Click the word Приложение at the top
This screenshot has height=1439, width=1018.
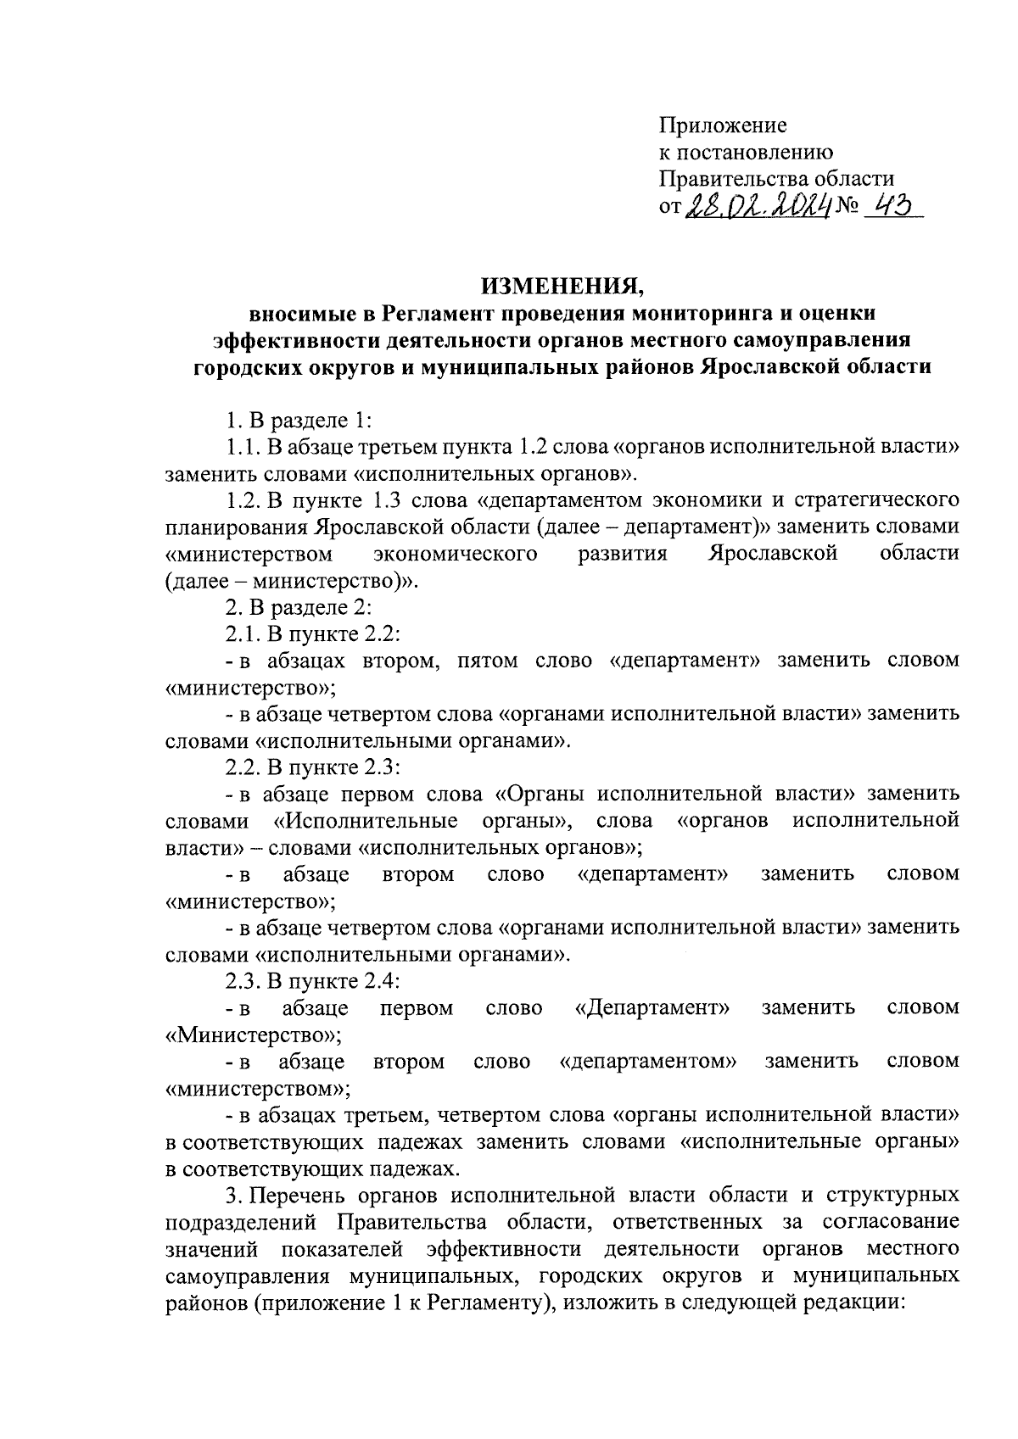click(723, 126)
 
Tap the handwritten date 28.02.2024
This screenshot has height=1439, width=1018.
click(758, 205)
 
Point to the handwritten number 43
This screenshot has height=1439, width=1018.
click(892, 205)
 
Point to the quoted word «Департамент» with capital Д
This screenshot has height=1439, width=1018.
click(652, 1008)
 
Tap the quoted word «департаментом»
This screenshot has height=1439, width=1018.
click(648, 1062)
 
